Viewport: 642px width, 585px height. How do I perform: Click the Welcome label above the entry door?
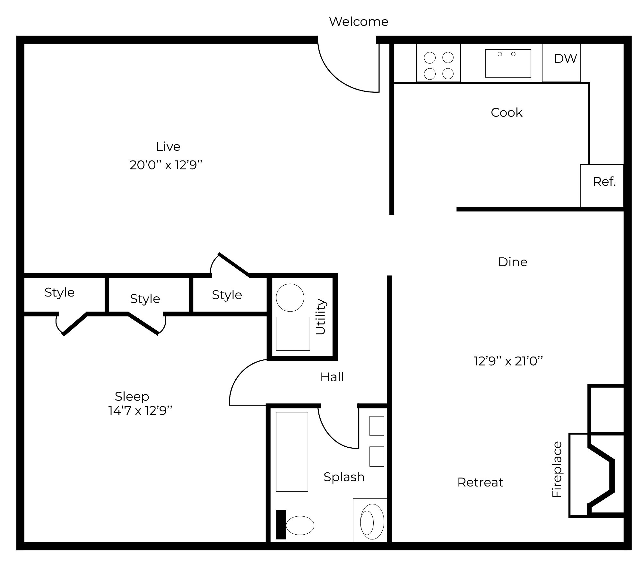coord(359,22)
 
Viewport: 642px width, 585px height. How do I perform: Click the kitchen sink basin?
coord(508,64)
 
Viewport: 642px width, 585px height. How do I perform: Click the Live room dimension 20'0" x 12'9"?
coord(166,165)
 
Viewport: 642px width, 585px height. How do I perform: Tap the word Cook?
coord(506,113)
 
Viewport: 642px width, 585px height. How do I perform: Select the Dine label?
coord(512,262)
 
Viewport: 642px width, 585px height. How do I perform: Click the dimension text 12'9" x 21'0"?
coord(508,361)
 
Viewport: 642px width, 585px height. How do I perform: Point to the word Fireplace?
coord(557,470)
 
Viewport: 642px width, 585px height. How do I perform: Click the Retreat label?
coord(480,482)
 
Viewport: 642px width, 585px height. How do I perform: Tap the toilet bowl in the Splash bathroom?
coord(300,525)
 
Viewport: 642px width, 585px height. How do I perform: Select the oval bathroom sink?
coord(372,521)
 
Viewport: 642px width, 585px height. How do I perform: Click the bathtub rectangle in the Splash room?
coord(292,452)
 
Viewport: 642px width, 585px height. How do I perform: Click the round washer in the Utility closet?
coord(290,297)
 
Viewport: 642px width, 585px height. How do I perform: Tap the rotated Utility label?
coord(321,317)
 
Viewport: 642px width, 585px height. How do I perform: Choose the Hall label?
coord(332,377)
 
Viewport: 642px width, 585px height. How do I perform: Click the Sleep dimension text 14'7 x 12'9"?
coord(140,411)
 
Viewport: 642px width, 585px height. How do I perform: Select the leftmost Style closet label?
coord(59,292)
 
